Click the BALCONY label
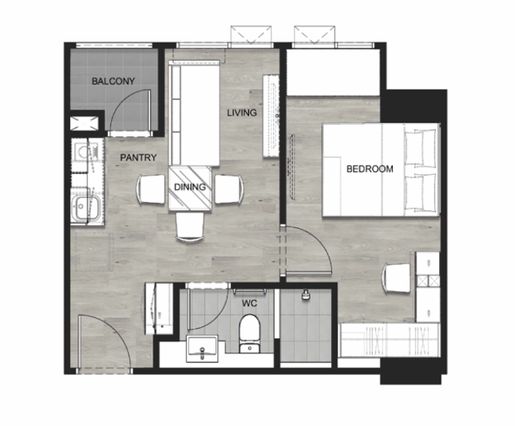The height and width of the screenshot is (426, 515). [x=113, y=81]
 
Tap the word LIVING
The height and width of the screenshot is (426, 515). [x=242, y=112]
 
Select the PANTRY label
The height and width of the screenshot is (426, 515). [x=138, y=157]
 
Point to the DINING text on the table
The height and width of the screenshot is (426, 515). [x=190, y=187]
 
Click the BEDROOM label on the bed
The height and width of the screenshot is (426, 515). [x=370, y=168]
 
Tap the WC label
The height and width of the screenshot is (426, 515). [x=250, y=303]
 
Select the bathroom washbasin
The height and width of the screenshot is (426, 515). [x=202, y=349]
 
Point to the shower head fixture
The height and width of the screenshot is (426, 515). [x=306, y=294]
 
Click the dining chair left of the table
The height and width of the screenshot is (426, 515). [x=151, y=189]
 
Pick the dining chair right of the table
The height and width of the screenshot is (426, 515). [x=229, y=189]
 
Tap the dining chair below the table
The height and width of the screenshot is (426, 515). [x=190, y=227]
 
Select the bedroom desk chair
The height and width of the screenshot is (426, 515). [x=396, y=278]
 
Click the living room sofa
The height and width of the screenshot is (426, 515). [x=194, y=112]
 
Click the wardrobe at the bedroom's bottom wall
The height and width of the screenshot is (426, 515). [x=390, y=340]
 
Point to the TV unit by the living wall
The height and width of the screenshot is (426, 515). [x=271, y=116]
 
